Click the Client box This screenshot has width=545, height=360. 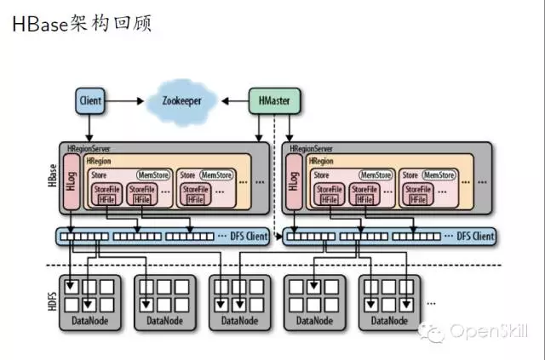(x=90, y=101)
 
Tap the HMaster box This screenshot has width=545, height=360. (x=271, y=101)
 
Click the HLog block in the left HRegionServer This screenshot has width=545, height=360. (x=71, y=184)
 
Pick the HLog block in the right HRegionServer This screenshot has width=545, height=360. (x=294, y=184)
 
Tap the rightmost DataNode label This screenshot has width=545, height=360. (x=387, y=321)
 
